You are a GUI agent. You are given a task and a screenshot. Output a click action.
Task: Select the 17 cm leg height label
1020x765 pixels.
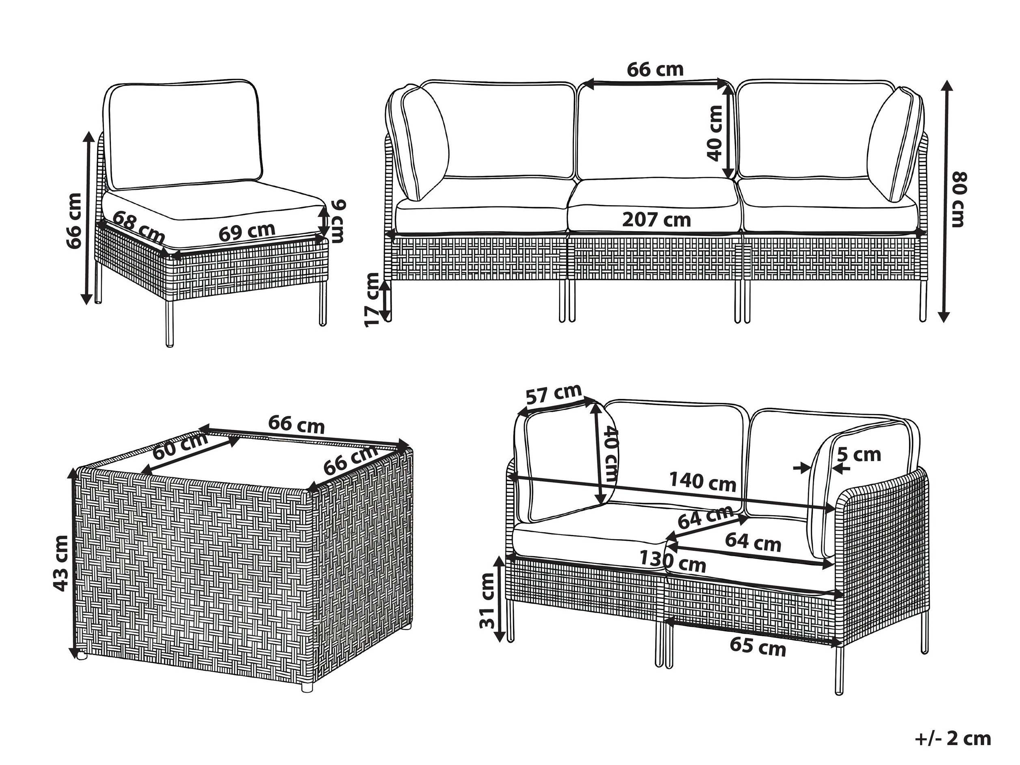point(372,300)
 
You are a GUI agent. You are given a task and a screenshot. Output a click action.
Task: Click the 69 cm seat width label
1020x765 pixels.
point(247,232)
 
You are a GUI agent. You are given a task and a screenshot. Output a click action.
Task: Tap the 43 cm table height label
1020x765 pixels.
point(61,563)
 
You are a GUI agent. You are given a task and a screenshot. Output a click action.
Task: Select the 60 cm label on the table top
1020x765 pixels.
point(180,446)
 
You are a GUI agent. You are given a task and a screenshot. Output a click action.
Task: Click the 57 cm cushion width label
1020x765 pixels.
point(554,394)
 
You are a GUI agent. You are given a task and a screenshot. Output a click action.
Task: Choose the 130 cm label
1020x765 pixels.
point(673,562)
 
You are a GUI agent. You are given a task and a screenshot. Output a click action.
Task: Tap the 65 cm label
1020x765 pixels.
point(758,646)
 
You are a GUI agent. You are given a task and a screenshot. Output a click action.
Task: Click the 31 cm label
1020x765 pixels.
point(487,600)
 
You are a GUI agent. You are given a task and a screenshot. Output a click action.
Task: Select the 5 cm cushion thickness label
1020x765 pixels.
point(859,455)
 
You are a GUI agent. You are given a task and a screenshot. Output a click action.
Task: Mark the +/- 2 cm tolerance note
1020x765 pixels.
point(953,739)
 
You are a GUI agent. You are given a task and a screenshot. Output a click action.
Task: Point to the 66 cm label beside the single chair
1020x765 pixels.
point(74,221)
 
